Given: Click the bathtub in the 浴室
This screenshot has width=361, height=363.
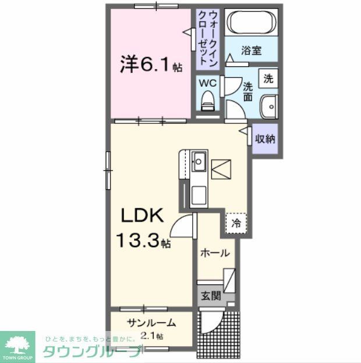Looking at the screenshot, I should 252,23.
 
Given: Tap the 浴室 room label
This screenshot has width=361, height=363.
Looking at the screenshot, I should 252,51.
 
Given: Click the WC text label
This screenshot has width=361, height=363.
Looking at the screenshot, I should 208,83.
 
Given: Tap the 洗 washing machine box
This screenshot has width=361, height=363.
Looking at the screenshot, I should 268,79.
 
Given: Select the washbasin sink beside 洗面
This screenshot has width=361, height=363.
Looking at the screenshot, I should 268,106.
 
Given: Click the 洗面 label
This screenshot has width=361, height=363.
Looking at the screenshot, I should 248,90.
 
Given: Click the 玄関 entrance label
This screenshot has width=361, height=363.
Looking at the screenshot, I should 211,296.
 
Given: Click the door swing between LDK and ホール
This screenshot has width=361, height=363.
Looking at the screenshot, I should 185,226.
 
